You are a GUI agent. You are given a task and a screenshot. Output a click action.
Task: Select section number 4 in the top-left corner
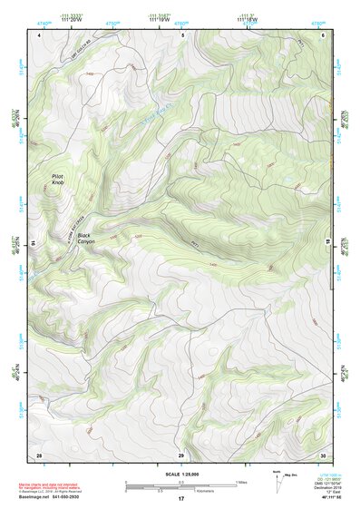coord(40,34)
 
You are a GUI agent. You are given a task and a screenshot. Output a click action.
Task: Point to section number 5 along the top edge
coord(182,34)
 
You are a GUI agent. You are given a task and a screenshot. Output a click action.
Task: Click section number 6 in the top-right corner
coord(323,34)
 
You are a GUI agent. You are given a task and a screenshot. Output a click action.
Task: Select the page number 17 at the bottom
coord(180,500)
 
